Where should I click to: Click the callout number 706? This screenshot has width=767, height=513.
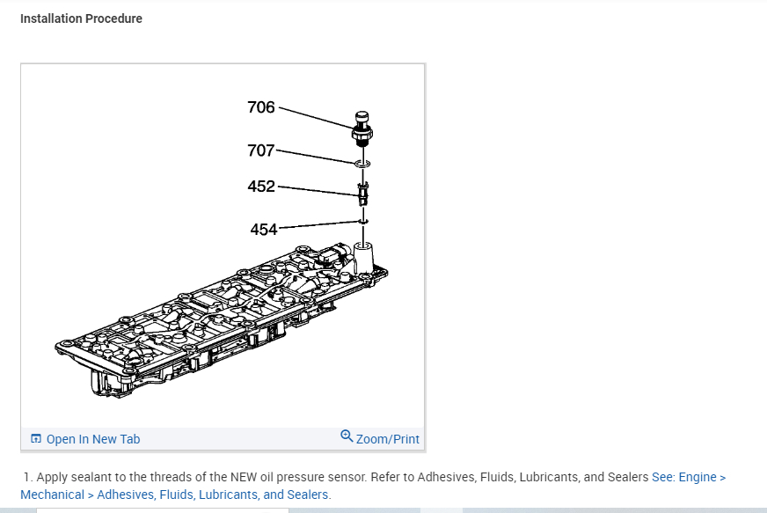pyautogui.click(x=261, y=108)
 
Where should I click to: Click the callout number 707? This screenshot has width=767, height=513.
pyautogui.click(x=261, y=150)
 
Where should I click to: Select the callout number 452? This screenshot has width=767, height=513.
pyautogui.click(x=261, y=187)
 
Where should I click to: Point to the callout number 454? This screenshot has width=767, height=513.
pyautogui.click(x=264, y=230)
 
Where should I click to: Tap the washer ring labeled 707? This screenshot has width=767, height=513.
pyautogui.click(x=362, y=164)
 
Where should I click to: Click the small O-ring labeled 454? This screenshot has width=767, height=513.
pyautogui.click(x=362, y=221)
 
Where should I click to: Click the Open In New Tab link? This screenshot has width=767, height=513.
pyautogui.click(x=92, y=439)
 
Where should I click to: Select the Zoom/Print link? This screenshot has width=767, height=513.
pyautogui.click(x=387, y=439)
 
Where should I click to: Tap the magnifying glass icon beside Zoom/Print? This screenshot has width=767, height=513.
pyautogui.click(x=347, y=436)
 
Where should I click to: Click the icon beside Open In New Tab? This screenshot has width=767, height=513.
pyautogui.click(x=36, y=439)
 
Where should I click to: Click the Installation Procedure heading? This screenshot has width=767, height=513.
pyautogui.click(x=81, y=18)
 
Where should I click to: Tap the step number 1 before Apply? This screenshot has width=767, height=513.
pyautogui.click(x=27, y=477)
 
